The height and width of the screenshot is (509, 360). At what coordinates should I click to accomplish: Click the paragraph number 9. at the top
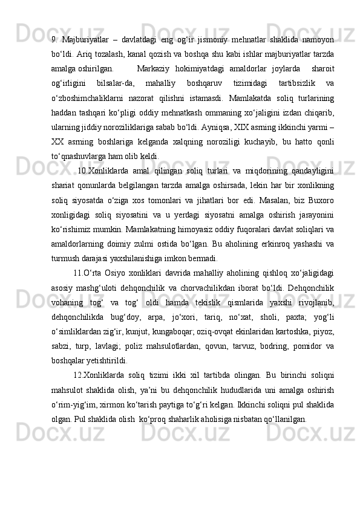click(54, 41)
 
